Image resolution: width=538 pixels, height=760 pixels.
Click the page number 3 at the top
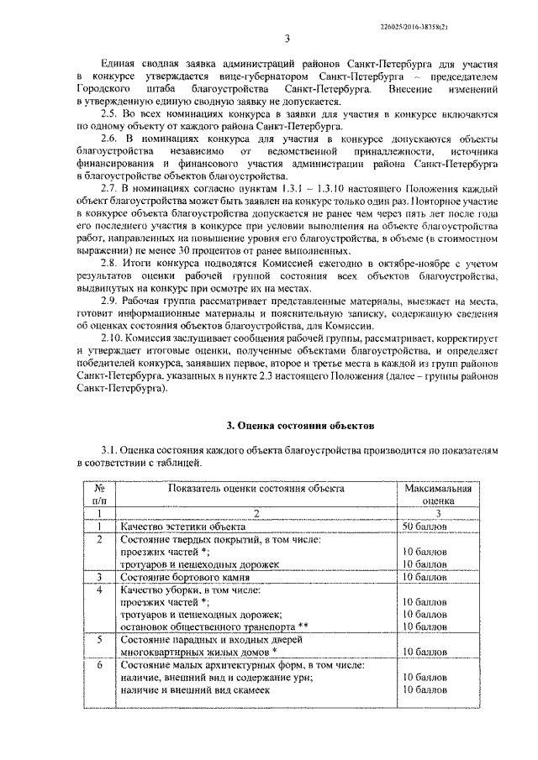[287, 38]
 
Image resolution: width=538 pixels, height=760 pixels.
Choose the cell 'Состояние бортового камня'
[184, 577]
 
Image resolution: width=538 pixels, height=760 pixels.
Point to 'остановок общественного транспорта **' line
[214, 626]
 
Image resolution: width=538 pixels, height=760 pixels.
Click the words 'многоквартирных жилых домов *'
[199, 652]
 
